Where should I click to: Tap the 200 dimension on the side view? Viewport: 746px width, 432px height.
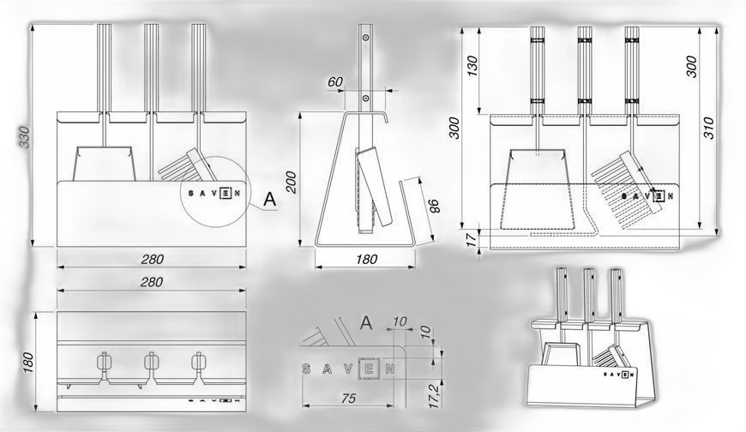(292, 182)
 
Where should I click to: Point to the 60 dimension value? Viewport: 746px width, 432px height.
(335, 81)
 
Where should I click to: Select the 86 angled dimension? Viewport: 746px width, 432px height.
(433, 206)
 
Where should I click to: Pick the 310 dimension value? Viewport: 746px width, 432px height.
(708, 128)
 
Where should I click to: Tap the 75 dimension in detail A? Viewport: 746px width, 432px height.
(349, 399)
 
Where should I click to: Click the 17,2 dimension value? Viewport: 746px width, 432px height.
(433, 395)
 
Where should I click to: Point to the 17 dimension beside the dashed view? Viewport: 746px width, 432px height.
(471, 239)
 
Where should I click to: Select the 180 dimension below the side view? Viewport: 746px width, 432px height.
(366, 260)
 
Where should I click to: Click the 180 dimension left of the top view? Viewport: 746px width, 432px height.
(28, 363)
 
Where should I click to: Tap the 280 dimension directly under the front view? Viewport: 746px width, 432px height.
(153, 260)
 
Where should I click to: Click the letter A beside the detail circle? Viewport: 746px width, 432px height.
(270, 200)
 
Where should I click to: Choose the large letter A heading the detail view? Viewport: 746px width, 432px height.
(366, 323)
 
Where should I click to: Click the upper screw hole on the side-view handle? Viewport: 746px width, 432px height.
(365, 37)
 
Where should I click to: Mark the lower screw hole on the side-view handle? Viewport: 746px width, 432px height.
(365, 99)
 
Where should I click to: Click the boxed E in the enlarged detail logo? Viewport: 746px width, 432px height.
(367, 369)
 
